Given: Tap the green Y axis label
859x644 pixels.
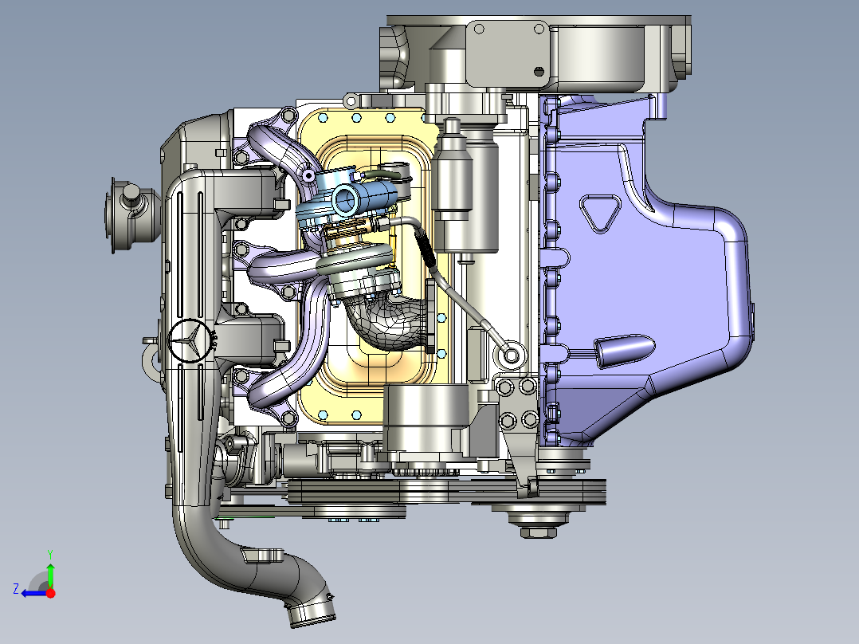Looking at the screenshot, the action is coord(50,554).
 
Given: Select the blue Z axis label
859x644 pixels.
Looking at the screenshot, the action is coord(16,589).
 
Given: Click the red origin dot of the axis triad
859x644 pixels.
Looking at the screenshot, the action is coord(50,593).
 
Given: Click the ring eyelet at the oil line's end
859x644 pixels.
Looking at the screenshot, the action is coord(511,355).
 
